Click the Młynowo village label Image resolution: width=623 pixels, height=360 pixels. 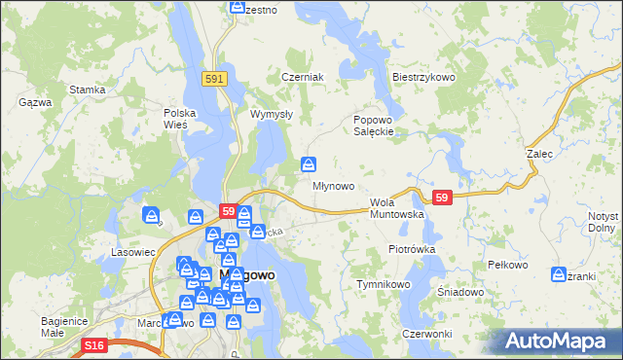332,186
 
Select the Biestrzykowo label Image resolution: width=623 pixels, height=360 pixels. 423,77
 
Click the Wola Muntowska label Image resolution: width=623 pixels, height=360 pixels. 396,207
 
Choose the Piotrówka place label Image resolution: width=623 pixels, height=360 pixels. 411,249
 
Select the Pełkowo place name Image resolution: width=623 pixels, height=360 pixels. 506,265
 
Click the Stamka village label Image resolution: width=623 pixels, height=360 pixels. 87,90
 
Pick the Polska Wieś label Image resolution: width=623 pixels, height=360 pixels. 180,119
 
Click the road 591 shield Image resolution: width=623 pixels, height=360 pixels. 216,78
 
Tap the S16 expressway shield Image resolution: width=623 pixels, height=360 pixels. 93,345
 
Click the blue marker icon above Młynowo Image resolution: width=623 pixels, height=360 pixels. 309,163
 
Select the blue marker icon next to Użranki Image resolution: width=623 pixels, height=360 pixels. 559,273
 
